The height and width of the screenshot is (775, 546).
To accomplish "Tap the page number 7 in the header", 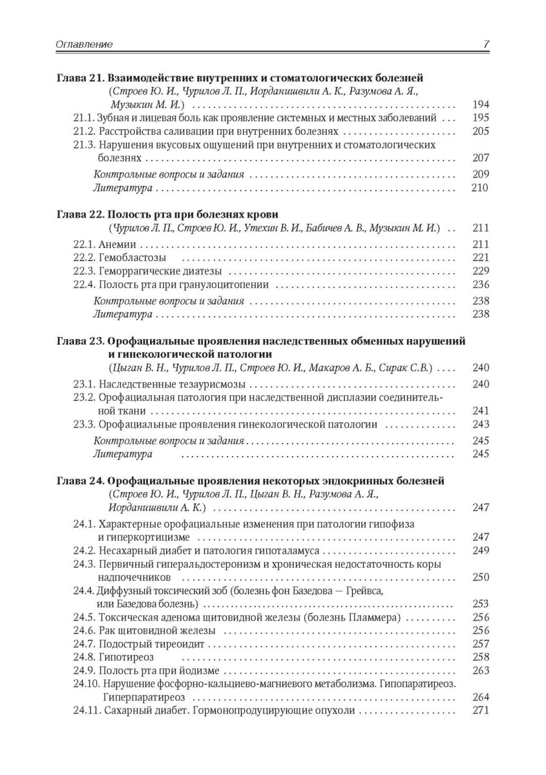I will [486, 45].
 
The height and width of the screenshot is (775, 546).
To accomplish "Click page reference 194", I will [481, 105].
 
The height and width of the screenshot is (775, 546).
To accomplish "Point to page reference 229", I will [481, 271].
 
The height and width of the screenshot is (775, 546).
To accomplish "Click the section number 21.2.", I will [85, 131].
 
